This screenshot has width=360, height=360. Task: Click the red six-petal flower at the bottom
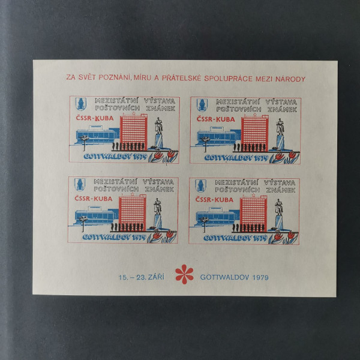(184, 274)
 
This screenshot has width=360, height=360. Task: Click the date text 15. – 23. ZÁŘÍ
(142, 277)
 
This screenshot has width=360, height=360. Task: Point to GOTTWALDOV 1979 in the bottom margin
(235, 277)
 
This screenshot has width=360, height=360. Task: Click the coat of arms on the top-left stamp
(81, 104)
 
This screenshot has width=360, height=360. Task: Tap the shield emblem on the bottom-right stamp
(200, 185)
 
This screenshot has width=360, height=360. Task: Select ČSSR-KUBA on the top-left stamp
(95, 118)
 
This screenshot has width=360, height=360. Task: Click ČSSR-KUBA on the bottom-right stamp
(214, 200)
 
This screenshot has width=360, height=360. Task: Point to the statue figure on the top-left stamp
(158, 126)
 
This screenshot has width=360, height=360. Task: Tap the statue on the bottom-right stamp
(279, 208)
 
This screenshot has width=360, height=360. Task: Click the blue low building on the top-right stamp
(218, 136)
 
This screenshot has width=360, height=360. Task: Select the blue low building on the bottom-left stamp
(97, 216)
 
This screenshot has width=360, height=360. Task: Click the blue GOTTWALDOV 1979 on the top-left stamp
(115, 157)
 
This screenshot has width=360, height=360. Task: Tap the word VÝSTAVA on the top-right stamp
(281, 102)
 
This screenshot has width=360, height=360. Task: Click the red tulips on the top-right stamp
(285, 157)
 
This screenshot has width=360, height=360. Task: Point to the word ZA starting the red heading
(71, 77)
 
